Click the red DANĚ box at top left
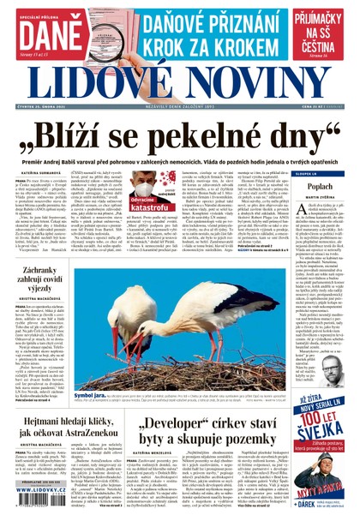44,33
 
